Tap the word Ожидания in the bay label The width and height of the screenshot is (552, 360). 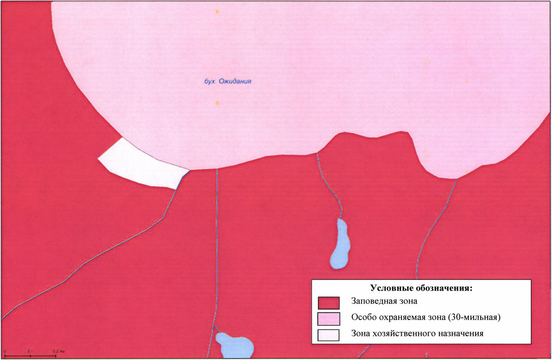(x=235, y=81)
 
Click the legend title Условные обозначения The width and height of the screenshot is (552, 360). (x=421, y=288)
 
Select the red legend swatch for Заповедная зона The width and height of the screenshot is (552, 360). (x=329, y=303)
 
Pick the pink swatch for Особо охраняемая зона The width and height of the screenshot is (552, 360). (x=329, y=318)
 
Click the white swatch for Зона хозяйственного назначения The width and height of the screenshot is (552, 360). (x=329, y=334)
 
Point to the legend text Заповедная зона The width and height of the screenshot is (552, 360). (x=384, y=301)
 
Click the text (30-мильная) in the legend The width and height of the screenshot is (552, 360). (x=479, y=318)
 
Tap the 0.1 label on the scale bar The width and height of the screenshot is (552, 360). (x=30, y=351)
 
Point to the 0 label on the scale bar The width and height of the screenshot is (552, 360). (x=5, y=351)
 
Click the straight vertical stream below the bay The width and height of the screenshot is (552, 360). (x=217, y=247)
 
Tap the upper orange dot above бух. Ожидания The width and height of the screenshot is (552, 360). (x=217, y=12)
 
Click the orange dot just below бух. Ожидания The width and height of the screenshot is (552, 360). (x=217, y=102)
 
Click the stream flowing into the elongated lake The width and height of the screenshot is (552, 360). (x=330, y=186)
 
